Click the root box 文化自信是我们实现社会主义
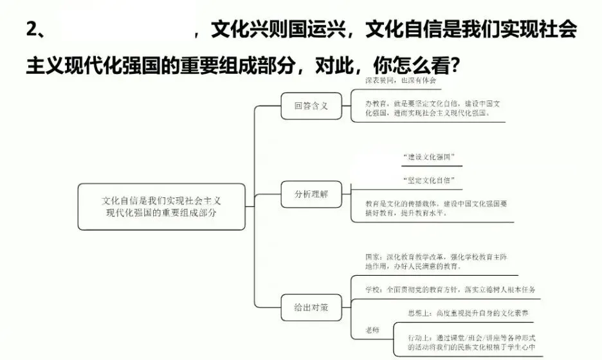click(161, 206)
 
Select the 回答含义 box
click(311, 106)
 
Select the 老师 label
click(372, 330)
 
